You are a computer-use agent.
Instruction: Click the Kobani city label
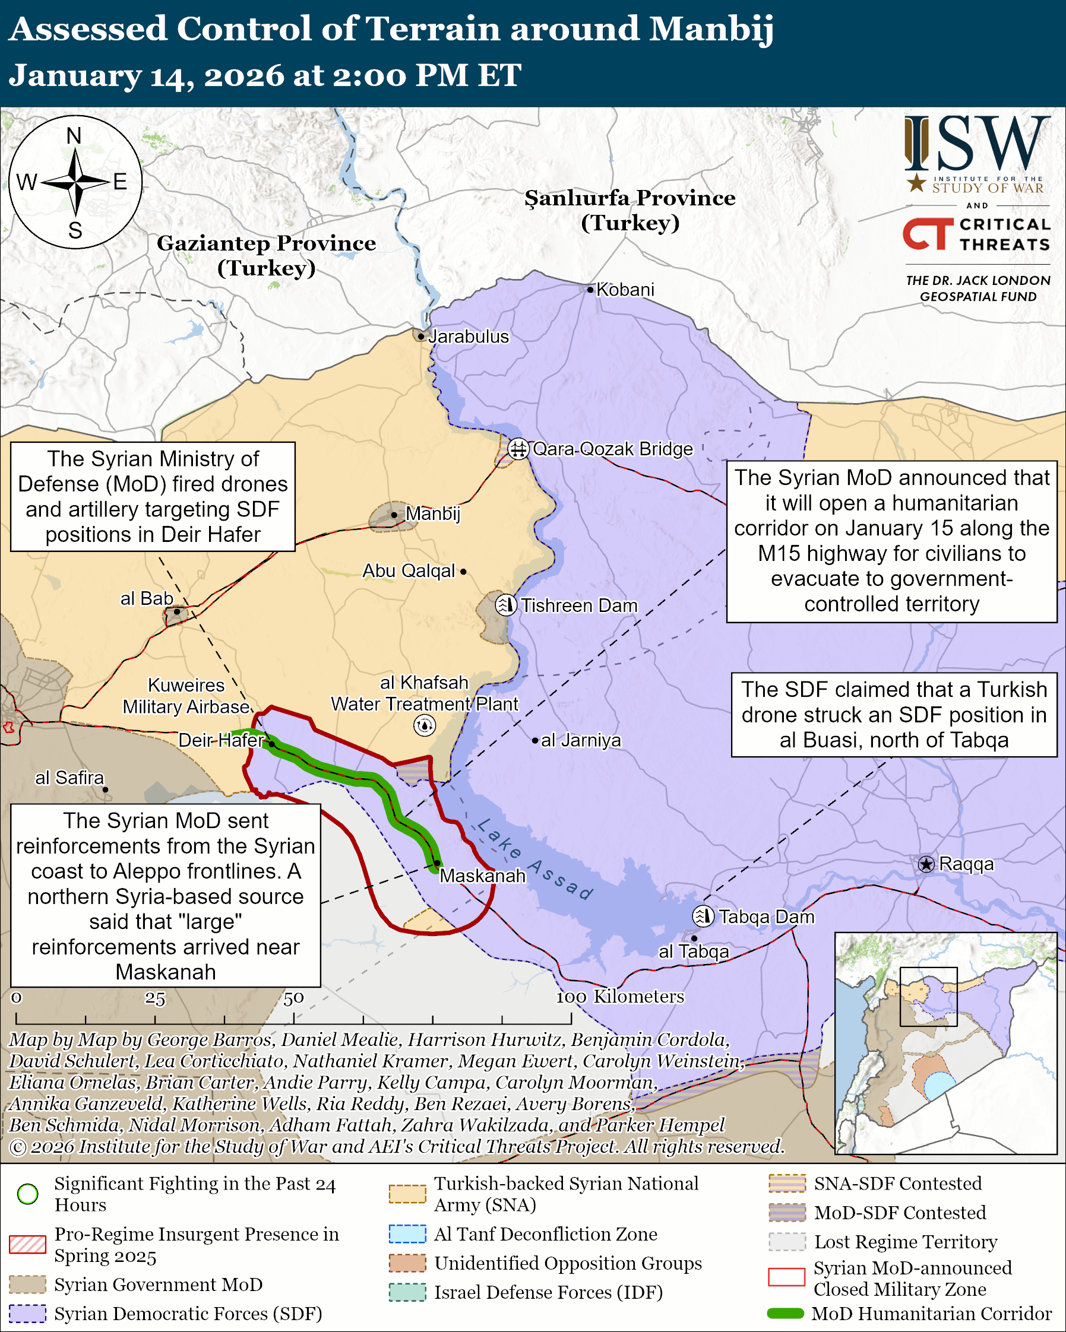pyautogui.click(x=625, y=290)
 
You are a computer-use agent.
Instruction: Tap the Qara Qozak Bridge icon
pyautogui.click(x=518, y=448)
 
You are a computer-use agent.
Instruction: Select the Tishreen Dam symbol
pyautogui.click(x=506, y=605)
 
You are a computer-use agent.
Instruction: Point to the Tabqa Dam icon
pyautogui.click(x=703, y=916)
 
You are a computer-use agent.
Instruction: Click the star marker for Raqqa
pyautogui.click(x=926, y=864)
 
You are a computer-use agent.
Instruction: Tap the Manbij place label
pyautogui.click(x=432, y=513)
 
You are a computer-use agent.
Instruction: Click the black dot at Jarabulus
pyautogui.click(x=421, y=337)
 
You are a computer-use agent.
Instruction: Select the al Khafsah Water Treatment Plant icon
pyautogui.click(x=425, y=725)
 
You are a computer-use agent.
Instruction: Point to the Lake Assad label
pyautogui.click(x=535, y=859)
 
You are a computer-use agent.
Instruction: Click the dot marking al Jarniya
pyautogui.click(x=535, y=740)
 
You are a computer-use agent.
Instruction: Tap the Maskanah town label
pyautogui.click(x=483, y=876)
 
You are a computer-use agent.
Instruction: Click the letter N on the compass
pyautogui.click(x=74, y=136)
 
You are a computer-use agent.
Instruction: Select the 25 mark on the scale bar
pyautogui.click(x=155, y=999)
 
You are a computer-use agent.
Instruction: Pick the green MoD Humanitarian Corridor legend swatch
pyautogui.click(x=785, y=1314)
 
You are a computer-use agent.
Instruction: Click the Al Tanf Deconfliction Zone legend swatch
pyautogui.click(x=407, y=1234)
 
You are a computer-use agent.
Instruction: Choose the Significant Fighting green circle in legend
pyautogui.click(x=28, y=1194)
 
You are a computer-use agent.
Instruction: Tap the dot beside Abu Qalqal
pyautogui.click(x=463, y=572)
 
